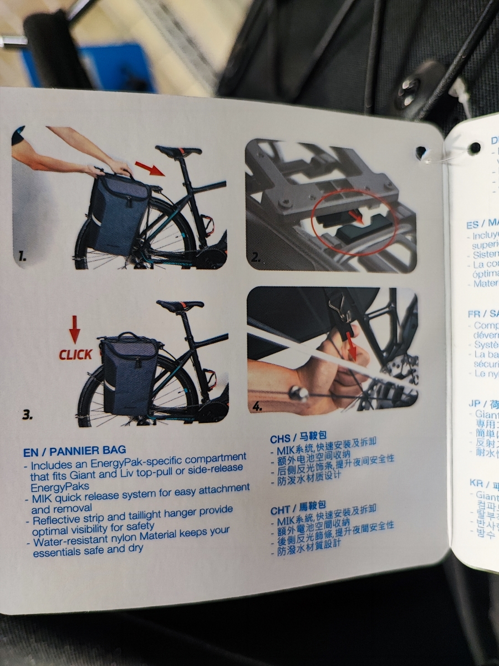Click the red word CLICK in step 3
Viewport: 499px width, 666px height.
click(x=75, y=355)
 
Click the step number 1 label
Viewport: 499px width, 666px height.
click(x=22, y=256)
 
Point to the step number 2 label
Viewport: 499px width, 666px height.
click(x=256, y=257)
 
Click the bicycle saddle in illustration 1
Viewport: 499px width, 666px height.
click(x=177, y=151)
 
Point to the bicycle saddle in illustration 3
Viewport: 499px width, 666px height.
click(x=179, y=306)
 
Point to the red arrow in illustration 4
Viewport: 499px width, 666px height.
click(x=350, y=348)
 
